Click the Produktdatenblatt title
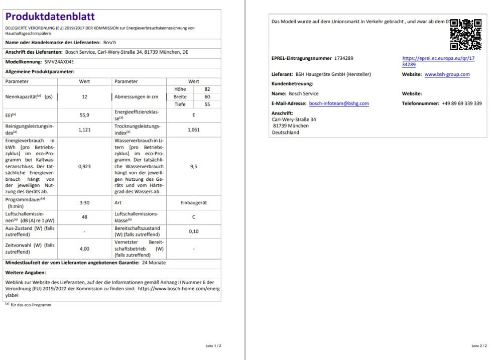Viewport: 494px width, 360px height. click(50, 17)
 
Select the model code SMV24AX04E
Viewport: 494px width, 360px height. click(56, 62)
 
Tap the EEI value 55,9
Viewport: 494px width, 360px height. click(84, 115)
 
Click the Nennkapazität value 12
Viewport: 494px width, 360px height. click(84, 96)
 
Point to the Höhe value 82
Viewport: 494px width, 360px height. click(207, 89)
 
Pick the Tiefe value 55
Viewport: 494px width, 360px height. click(207, 104)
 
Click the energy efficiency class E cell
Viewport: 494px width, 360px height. click(193, 115)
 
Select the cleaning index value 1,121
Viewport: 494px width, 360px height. click(84, 129)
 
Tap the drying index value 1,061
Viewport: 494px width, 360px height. click(193, 129)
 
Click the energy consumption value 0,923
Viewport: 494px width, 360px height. click(84, 166)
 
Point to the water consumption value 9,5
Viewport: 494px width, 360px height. click(193, 166)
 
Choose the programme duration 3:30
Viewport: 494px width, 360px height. click(84, 202)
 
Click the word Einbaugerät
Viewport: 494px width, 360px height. click(193, 202)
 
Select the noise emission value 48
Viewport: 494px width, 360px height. click(84, 216)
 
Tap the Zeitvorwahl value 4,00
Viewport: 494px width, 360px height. click(84, 248)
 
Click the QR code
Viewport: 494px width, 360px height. click(466, 35)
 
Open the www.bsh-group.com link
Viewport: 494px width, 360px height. click(447, 74)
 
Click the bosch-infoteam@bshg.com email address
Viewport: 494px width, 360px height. click(339, 103)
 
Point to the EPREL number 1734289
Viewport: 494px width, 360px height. click(344, 58)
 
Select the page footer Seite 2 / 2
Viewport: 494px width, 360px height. click(478, 346)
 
